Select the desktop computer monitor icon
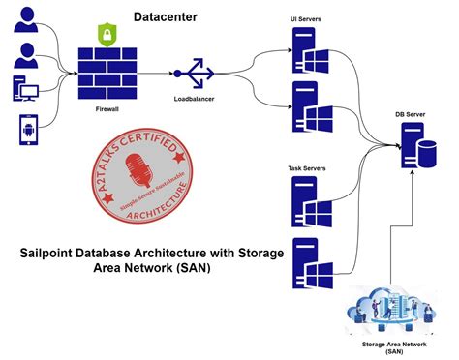tap(28, 89)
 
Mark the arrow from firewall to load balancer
tap(159, 73)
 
